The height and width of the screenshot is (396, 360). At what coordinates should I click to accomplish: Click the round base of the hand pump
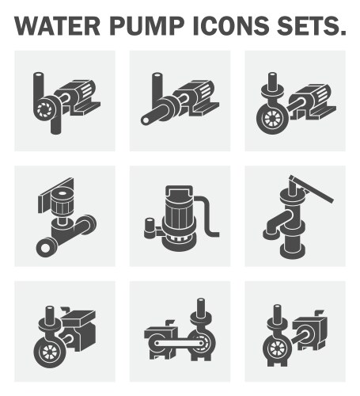[x=295, y=252]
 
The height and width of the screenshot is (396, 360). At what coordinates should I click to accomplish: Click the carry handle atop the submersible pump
[x=178, y=191]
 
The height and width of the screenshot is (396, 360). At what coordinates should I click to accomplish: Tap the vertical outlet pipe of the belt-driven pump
[x=200, y=310]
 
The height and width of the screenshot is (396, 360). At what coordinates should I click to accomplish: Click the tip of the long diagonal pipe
[x=147, y=120]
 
